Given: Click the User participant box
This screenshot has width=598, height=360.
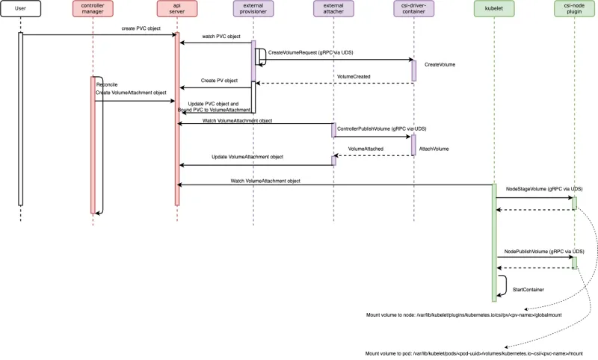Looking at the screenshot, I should click(20, 10).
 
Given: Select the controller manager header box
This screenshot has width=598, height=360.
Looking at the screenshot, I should click(93, 10).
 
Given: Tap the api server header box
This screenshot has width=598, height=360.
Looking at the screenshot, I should click(177, 10).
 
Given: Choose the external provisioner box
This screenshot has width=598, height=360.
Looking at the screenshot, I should click(253, 10).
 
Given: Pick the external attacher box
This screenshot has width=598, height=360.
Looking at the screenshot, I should click(333, 10).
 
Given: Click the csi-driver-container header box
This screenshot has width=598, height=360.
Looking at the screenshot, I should click(413, 10).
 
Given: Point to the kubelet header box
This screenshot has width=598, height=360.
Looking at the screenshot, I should click(494, 10).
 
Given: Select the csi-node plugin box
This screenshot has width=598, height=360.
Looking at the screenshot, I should click(574, 10).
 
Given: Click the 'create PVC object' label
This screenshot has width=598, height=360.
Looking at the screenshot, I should click(141, 28).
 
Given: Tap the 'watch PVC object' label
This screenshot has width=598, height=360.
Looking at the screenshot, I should click(221, 37).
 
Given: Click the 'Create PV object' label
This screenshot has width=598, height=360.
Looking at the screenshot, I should click(219, 81).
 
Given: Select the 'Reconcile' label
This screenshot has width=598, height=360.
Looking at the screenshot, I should click(107, 84).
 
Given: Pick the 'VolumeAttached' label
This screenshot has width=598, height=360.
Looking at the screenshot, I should click(366, 149).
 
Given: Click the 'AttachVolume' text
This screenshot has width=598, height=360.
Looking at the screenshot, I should click(434, 149).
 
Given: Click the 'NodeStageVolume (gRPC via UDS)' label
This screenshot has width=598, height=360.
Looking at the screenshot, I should click(544, 190).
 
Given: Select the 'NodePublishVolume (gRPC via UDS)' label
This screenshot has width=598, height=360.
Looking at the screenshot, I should click(544, 252).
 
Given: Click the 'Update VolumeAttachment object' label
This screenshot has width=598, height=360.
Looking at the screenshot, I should click(247, 157).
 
